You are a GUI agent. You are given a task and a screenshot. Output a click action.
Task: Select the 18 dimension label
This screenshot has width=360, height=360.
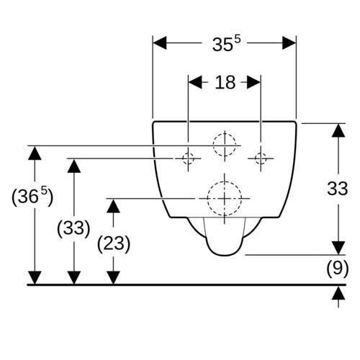pos(225,82)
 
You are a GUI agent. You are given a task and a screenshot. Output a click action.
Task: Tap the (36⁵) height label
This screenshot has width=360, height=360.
pos(32,197)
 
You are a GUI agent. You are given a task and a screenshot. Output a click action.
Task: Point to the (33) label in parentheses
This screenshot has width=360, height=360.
pos(73,228)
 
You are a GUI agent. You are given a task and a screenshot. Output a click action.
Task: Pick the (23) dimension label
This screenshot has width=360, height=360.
pos(114,244)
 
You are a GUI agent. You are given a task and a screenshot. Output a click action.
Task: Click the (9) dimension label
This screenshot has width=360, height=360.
pos(338,268)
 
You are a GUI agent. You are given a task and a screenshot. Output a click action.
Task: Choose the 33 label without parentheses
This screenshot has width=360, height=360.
pos(338,189)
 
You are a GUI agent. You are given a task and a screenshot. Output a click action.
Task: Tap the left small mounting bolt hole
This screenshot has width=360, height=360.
pos(188,158)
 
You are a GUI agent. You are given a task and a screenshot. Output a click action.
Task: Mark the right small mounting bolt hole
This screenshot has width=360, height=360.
pos(261,158)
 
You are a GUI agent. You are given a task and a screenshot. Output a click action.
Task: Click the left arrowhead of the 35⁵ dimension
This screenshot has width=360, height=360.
pos(160,43)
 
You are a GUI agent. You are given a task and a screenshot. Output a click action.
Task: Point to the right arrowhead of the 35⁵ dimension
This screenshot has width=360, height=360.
pos(289,43)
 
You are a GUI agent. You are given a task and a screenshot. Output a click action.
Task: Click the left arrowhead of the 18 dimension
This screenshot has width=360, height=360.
pos(195,82)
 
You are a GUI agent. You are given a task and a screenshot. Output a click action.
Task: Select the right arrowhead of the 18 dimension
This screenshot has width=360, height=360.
pos(254,82)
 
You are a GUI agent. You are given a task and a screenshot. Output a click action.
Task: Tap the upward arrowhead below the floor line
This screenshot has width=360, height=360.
pos(338,293)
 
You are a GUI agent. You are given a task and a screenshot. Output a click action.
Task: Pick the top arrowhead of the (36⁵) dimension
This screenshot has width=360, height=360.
pos(35,153)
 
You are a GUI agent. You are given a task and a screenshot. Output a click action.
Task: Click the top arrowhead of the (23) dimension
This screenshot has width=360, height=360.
pos(113,206)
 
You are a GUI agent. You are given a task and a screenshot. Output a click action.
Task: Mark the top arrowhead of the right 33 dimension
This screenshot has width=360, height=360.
pos(338,130)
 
